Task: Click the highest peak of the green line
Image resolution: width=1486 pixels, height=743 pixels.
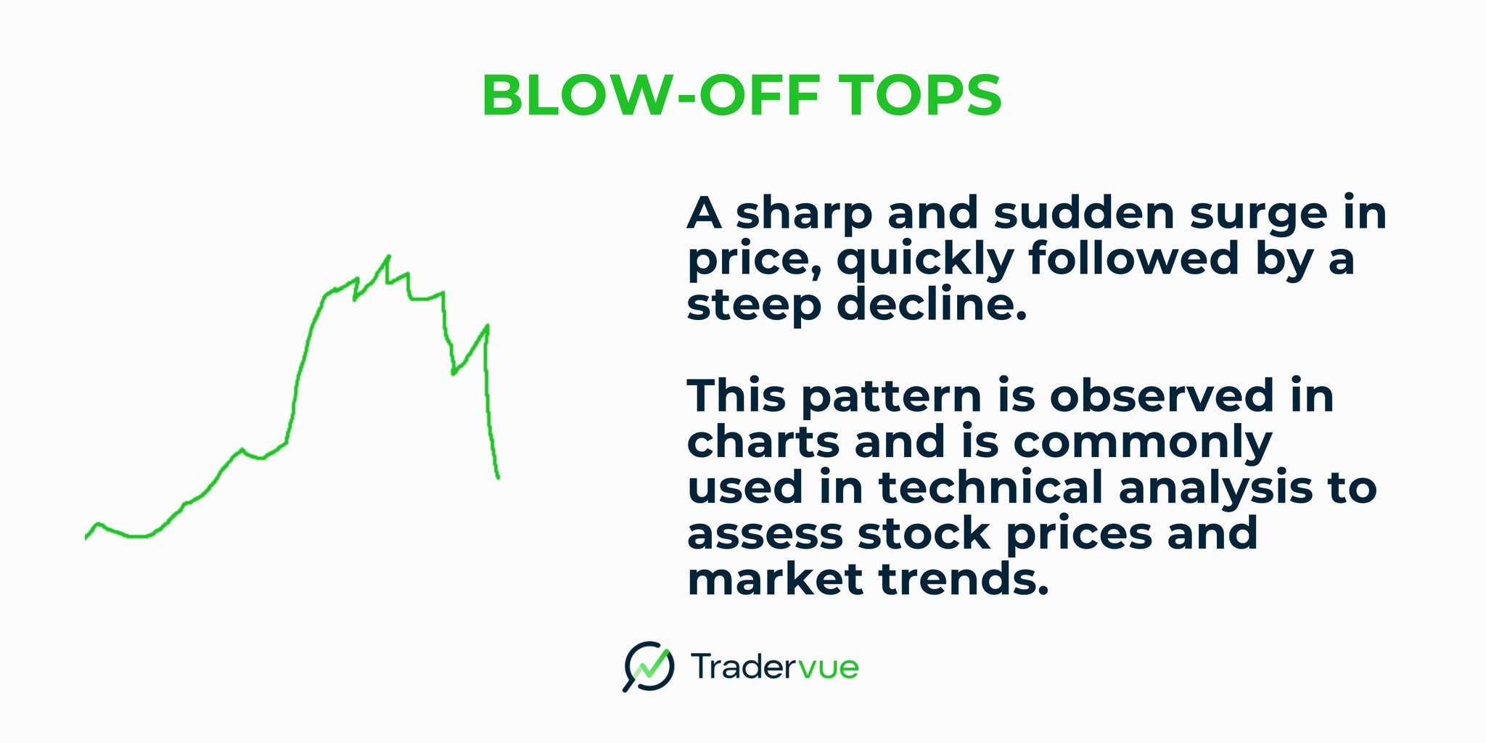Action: click(389, 256)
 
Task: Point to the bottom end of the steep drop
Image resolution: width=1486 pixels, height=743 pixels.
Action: click(498, 477)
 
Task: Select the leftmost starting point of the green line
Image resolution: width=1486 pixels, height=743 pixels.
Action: click(86, 538)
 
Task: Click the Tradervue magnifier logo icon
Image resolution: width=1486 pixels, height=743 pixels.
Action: click(647, 665)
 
